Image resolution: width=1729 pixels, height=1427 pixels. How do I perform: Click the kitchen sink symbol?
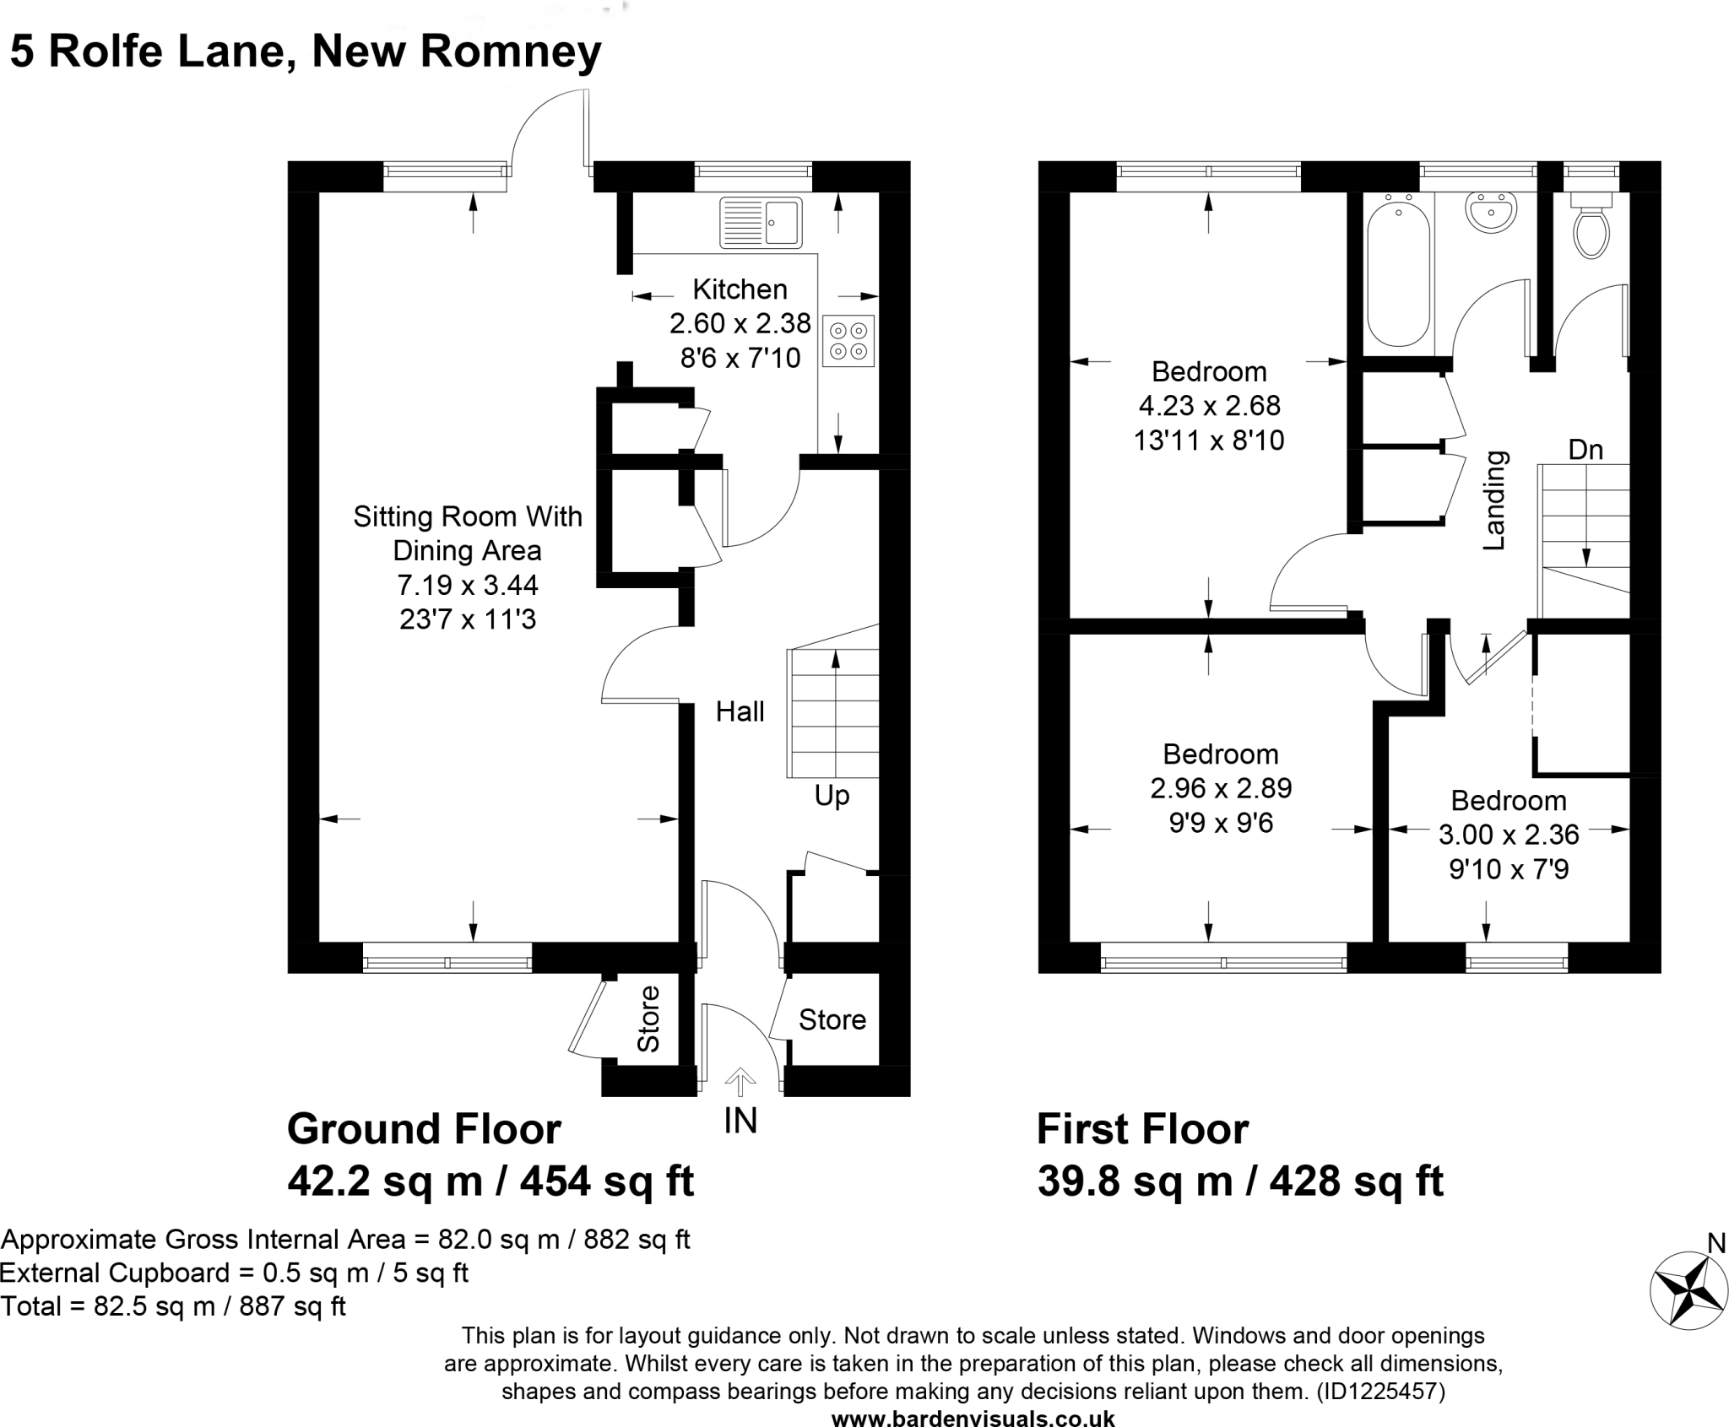(x=761, y=224)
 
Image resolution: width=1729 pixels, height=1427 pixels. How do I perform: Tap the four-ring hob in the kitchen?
(x=848, y=340)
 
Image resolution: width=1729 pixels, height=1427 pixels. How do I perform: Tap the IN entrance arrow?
(x=740, y=1083)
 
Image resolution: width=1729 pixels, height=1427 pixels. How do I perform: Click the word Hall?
(x=740, y=711)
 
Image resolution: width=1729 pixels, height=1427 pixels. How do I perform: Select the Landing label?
(x=1494, y=500)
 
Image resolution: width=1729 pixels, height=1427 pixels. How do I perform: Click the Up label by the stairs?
(x=832, y=795)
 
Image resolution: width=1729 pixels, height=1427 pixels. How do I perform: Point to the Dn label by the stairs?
(x=1585, y=450)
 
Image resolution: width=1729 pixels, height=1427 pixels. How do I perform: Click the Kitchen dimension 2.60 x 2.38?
(x=740, y=323)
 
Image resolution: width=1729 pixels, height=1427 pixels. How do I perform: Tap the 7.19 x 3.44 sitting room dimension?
(x=468, y=585)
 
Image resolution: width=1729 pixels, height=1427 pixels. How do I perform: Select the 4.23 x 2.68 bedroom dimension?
(x=1210, y=406)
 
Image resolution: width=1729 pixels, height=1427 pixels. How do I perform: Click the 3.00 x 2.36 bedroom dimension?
(x=1509, y=835)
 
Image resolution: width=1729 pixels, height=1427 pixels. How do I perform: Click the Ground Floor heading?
(x=425, y=1129)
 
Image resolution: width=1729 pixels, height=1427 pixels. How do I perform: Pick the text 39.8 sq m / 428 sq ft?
(x=1240, y=1181)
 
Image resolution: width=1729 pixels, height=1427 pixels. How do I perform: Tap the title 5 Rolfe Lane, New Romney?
(x=306, y=51)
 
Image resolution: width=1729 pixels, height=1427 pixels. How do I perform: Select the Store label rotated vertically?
(x=648, y=1019)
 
